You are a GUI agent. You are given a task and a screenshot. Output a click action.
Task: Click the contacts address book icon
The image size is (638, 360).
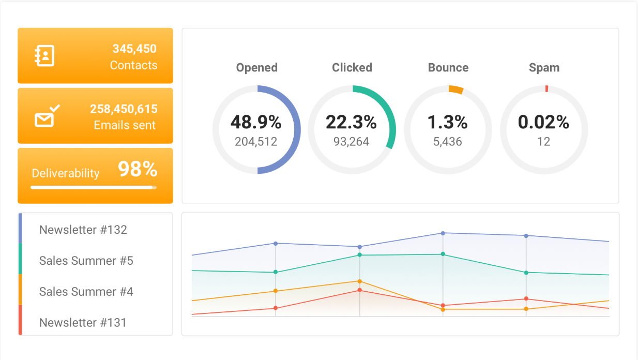click(x=44, y=56)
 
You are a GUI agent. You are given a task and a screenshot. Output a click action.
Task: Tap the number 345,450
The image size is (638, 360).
click(x=134, y=49)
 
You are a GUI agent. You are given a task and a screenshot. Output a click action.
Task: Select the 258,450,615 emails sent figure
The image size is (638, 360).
click(x=124, y=109)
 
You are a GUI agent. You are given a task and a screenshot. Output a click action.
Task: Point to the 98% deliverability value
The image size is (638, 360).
click(x=137, y=169)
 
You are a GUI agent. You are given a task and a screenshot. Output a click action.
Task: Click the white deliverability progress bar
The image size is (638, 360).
click(x=93, y=187)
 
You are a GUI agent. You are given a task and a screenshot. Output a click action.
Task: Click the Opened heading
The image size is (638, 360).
click(x=257, y=68)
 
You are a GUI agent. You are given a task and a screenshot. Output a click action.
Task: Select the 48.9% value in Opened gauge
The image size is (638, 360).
click(x=256, y=122)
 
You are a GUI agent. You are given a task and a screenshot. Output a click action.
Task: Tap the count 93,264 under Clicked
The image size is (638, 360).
click(x=351, y=142)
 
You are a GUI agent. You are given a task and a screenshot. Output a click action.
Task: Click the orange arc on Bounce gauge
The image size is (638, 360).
click(x=455, y=89)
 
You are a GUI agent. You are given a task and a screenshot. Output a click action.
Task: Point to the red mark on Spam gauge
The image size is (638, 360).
click(x=546, y=88)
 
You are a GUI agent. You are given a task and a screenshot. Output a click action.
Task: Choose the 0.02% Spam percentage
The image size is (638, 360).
click(x=543, y=122)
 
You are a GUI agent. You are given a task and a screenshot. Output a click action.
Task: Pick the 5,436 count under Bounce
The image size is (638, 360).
click(x=448, y=142)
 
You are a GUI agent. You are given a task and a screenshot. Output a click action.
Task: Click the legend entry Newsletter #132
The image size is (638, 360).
click(x=83, y=230)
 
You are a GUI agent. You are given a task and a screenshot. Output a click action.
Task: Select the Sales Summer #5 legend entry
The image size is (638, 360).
click(x=86, y=261)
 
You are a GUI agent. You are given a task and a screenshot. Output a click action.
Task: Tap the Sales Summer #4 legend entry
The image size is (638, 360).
click(x=86, y=292)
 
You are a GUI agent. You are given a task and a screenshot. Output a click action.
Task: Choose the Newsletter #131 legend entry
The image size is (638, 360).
click(x=83, y=323)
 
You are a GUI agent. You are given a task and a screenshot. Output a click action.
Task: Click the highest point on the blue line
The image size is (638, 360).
click(x=443, y=233)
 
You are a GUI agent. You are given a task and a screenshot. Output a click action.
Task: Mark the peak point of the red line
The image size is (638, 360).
click(x=359, y=290)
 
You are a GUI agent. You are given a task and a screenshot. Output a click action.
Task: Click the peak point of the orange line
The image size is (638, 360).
click(x=359, y=281)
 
